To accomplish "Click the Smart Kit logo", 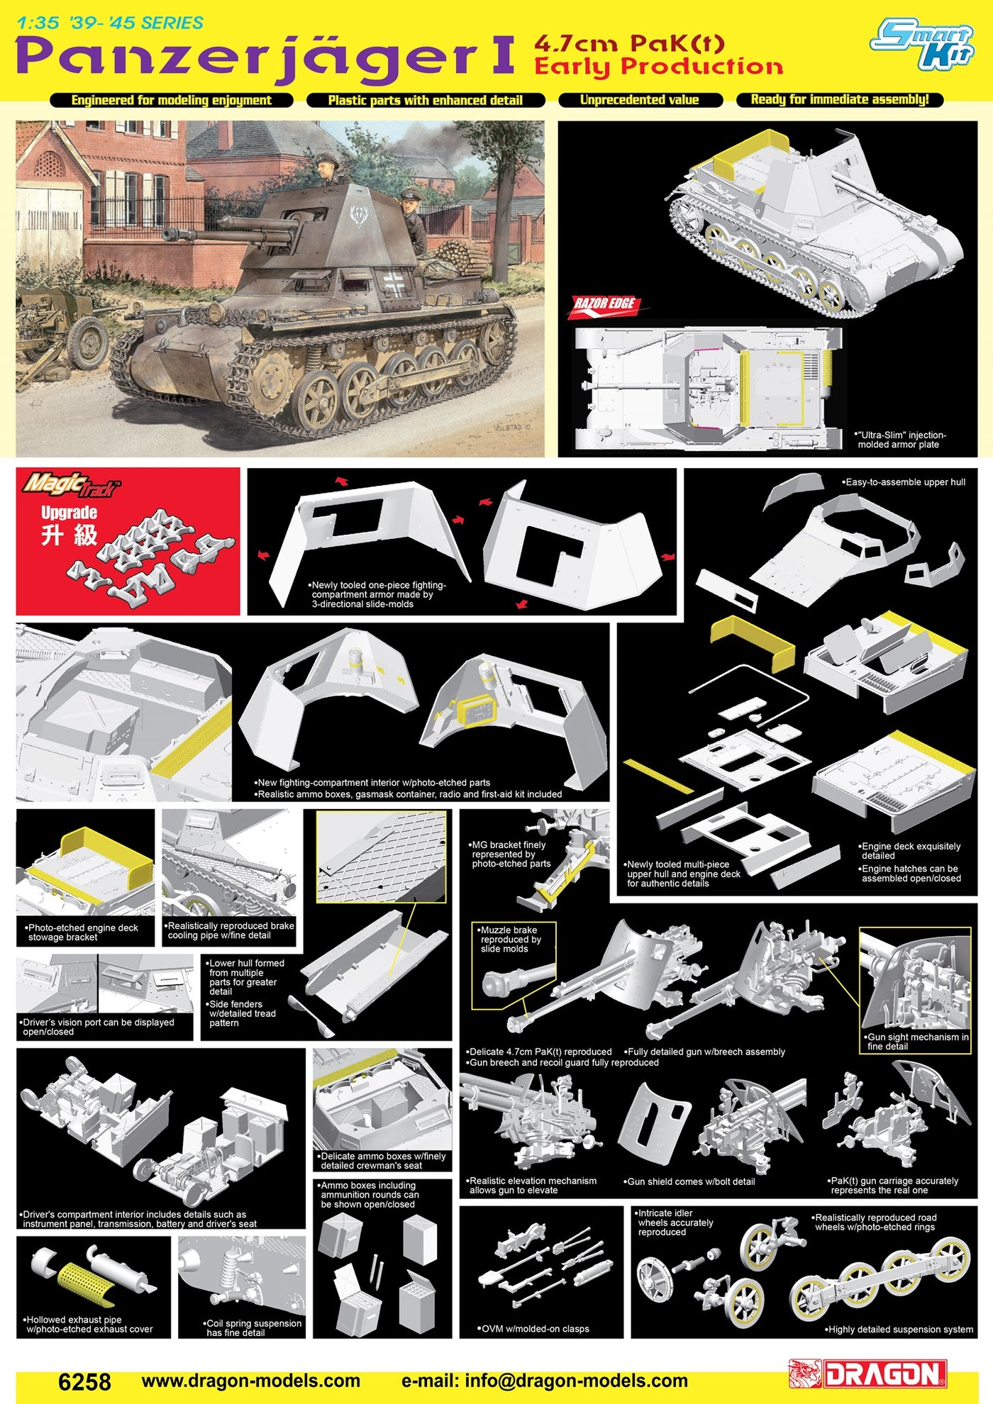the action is (x=922, y=44).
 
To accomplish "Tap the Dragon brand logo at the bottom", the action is (x=868, y=1374).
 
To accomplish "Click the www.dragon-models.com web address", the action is (x=251, y=1381).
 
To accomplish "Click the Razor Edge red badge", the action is (x=604, y=306).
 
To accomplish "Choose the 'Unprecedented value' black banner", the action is (x=640, y=100).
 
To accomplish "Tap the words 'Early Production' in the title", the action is (x=658, y=67).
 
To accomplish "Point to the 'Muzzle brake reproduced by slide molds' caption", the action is (x=509, y=939).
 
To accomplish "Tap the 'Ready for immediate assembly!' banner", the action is (x=840, y=100).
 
